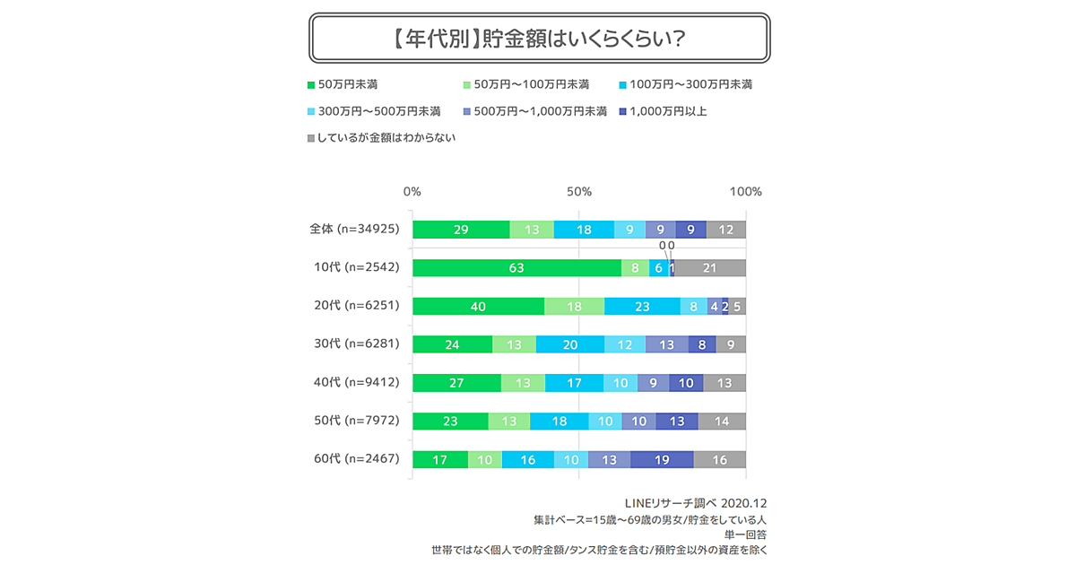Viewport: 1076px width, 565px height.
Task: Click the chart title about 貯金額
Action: [x=537, y=39]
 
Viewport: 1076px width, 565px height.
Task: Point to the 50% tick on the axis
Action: [x=579, y=191]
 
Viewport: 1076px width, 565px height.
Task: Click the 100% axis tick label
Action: [x=745, y=191]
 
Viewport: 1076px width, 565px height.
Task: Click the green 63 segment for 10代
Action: [x=516, y=268]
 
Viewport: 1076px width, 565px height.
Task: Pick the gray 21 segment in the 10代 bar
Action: [x=710, y=268]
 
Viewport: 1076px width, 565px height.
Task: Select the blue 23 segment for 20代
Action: [x=642, y=306]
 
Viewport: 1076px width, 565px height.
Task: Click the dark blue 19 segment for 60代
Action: [x=662, y=459]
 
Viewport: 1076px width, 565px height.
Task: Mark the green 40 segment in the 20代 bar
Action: [x=478, y=306]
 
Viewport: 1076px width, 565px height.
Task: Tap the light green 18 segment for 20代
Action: [x=574, y=306]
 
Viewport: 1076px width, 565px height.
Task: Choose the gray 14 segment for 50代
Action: [x=722, y=421]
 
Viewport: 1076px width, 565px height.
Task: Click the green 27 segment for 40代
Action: [x=456, y=383]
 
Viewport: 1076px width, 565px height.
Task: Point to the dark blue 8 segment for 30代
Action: [x=702, y=344]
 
